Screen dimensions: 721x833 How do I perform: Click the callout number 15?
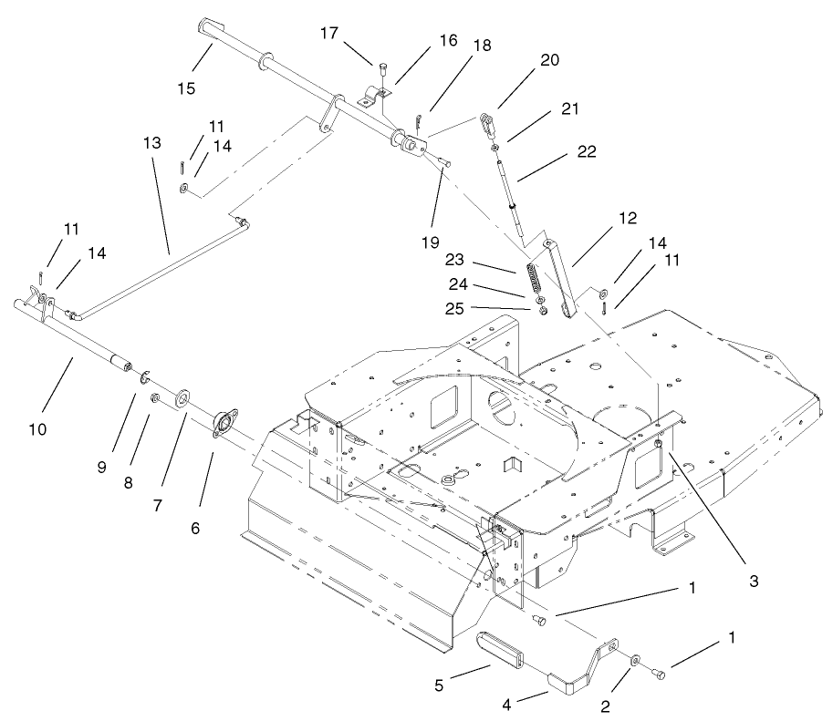[185, 88]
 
